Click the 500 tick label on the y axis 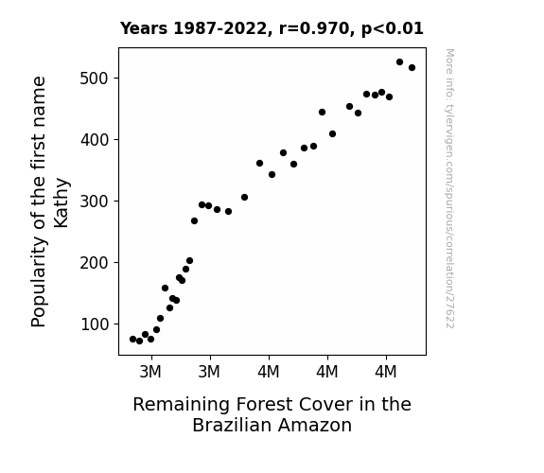(x=95, y=79)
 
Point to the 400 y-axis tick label (x=95, y=140)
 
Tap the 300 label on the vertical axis (x=95, y=201)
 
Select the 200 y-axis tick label (x=95, y=263)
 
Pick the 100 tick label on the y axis (x=95, y=324)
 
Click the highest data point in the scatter (x=399, y=62)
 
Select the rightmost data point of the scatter (x=412, y=68)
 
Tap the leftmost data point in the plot (x=132, y=339)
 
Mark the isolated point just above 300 (x=244, y=197)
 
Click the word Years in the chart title (x=144, y=28)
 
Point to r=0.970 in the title (x=314, y=28)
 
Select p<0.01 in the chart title (x=393, y=29)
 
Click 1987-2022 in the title (x=219, y=28)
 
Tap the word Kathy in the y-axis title (x=61, y=203)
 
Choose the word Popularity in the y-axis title (x=39, y=282)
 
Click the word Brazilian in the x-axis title (x=232, y=425)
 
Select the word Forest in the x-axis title (x=264, y=405)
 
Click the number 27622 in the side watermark (x=450, y=312)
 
